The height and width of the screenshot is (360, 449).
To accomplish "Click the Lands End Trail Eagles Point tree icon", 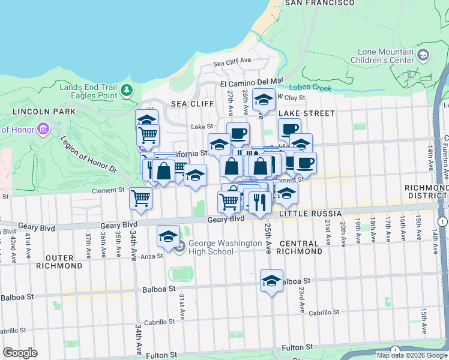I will pyautogui.click(x=126, y=91).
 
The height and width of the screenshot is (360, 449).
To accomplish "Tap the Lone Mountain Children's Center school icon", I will pyautogui.click(x=423, y=56).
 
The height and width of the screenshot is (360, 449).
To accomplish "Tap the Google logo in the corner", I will pyautogui.click(x=20, y=353).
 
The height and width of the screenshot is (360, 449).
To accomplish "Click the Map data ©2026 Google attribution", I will pyautogui.click(x=411, y=355).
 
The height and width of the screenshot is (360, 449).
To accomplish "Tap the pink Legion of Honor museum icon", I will pyautogui.click(x=42, y=129).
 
